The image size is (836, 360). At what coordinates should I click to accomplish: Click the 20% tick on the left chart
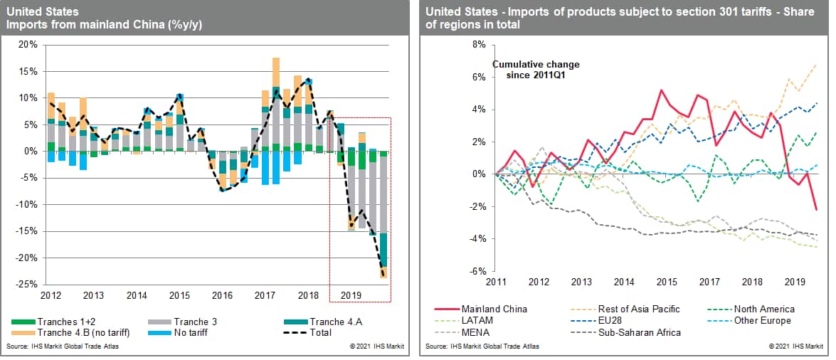(28, 44)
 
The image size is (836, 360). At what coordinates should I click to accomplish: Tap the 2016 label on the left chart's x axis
(222, 295)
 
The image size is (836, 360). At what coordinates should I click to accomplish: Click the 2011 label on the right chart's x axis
(495, 282)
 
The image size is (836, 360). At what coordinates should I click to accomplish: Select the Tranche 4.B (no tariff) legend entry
(78, 332)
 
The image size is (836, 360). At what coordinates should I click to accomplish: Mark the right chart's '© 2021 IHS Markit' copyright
(795, 346)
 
